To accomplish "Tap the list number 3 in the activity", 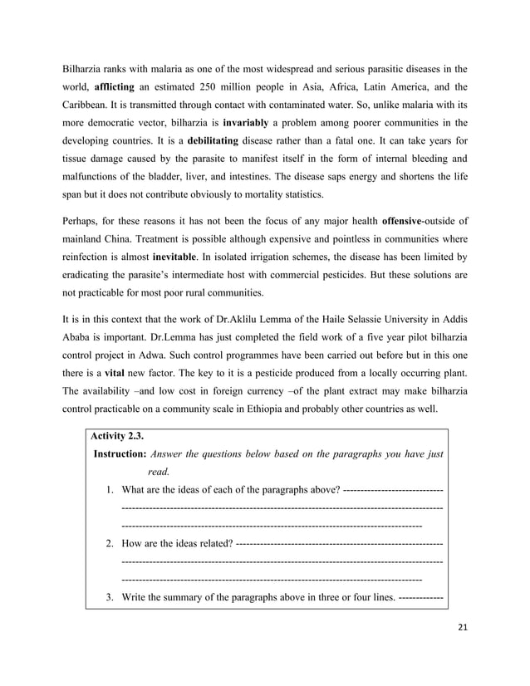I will click(x=110, y=598).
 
